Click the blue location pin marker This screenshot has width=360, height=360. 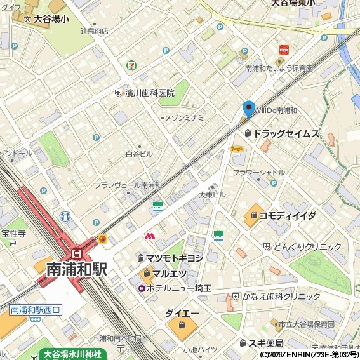[x=248, y=109]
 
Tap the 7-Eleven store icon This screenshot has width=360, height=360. [x=131, y=64]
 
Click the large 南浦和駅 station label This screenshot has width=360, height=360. [x=76, y=269]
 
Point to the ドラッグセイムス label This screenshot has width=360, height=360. [x=286, y=133]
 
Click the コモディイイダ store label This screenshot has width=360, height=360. [x=288, y=216]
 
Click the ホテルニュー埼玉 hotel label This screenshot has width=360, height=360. [x=179, y=288]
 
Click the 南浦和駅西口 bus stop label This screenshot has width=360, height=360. [x=36, y=310]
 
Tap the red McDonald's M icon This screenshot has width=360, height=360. [x=150, y=237]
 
